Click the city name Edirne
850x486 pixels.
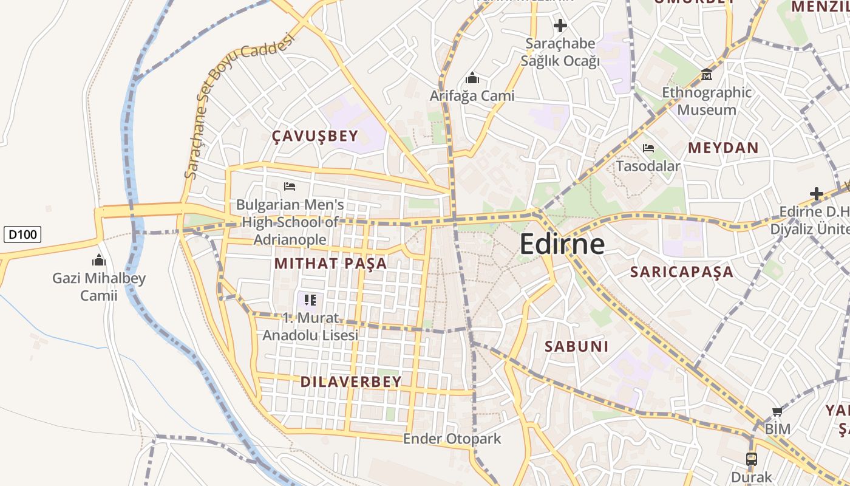pyautogui.click(x=562, y=244)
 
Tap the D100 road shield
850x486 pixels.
pyautogui.click(x=22, y=234)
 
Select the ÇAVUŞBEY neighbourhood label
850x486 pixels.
pyautogui.click(x=315, y=136)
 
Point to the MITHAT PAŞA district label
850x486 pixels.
pyautogui.click(x=330, y=264)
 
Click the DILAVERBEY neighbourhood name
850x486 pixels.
pyautogui.click(x=351, y=382)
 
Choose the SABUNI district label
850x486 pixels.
pyautogui.click(x=576, y=346)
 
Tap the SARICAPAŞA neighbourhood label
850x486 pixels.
pyautogui.click(x=682, y=272)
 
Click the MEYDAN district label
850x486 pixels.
pyautogui.click(x=723, y=148)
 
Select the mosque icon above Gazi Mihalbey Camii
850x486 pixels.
pyautogui.click(x=99, y=261)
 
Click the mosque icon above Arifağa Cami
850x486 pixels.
pyautogui.click(x=472, y=78)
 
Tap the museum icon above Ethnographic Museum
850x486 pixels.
pyautogui.click(x=707, y=75)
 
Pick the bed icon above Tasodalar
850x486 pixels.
pyautogui.click(x=648, y=148)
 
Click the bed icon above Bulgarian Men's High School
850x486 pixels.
pyautogui.click(x=290, y=186)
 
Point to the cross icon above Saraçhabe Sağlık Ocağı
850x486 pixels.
pyautogui.click(x=560, y=26)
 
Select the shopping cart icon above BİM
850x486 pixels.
pyautogui.click(x=777, y=412)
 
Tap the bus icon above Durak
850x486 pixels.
pyautogui.click(x=752, y=459)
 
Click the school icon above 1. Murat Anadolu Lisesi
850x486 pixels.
pyautogui.click(x=310, y=299)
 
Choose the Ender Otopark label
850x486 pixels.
pyautogui.click(x=452, y=439)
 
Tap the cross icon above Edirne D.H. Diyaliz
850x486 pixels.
pyautogui.click(x=817, y=194)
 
